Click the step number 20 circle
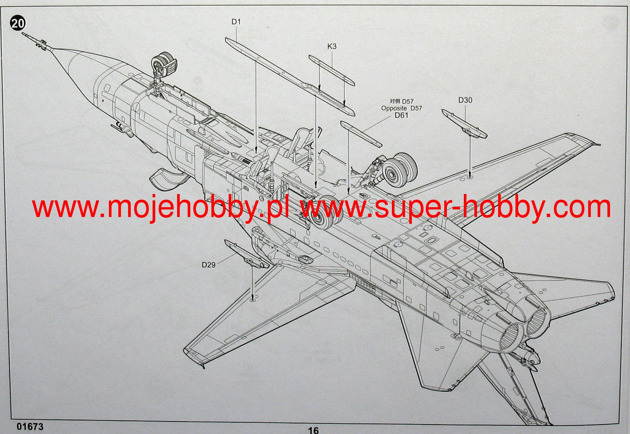pyautogui.click(x=18, y=24)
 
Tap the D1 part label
pyautogui.click(x=236, y=22)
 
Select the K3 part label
pyautogui.click(x=332, y=46)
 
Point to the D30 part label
pyautogui.click(x=465, y=100)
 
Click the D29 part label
pyautogui.click(x=208, y=265)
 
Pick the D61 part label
pyautogui.click(x=401, y=115)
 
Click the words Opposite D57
pyautogui.click(x=401, y=108)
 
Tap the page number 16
pyautogui.click(x=313, y=430)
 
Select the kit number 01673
pyautogui.click(x=30, y=427)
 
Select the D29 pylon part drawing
pyautogui.click(x=247, y=254)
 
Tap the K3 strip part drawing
pyautogui.click(x=332, y=70)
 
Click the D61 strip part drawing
pyautogui.click(x=361, y=134)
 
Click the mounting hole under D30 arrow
pyautogui.click(x=470, y=176)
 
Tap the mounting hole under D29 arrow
pyautogui.click(x=252, y=300)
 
